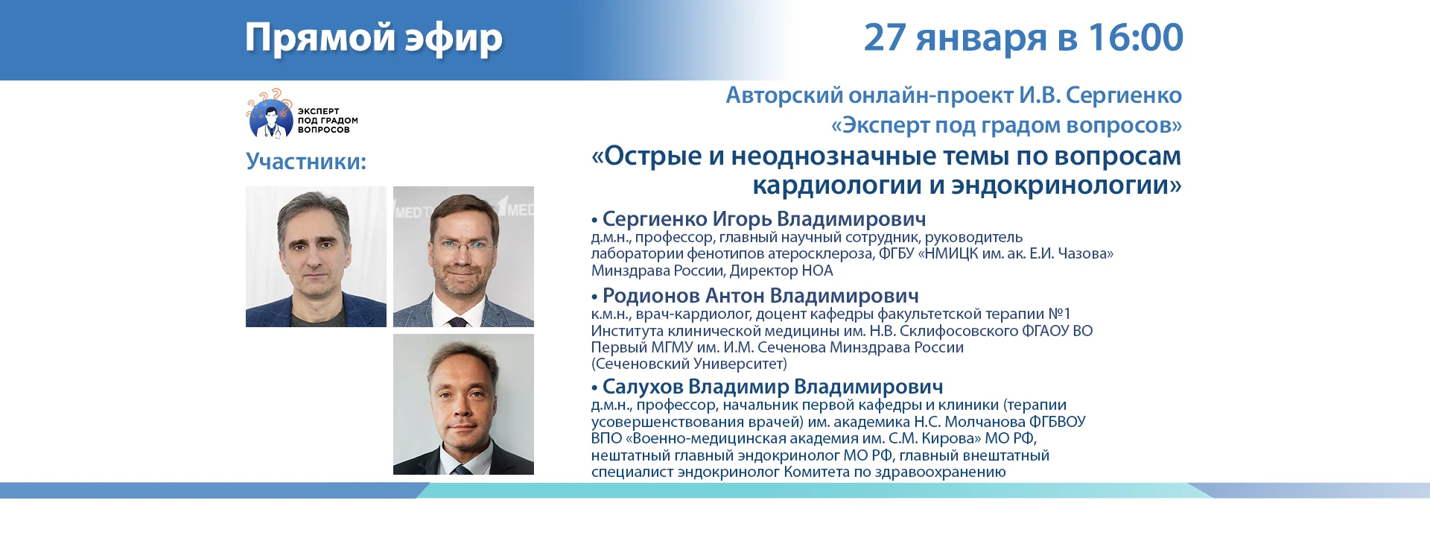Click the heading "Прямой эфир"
click(x=374, y=38)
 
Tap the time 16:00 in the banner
click(x=1135, y=37)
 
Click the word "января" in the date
click(x=980, y=39)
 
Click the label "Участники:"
click(x=306, y=161)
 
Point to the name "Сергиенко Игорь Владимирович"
click(x=764, y=219)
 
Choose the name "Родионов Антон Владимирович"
click(x=760, y=296)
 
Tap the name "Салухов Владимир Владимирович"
click(x=772, y=387)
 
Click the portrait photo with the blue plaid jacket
click(x=316, y=256)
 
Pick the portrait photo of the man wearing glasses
click(x=463, y=256)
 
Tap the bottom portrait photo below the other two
click(x=463, y=404)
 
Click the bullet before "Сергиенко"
click(x=594, y=221)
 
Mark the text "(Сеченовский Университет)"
click(x=689, y=364)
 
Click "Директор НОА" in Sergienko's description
click(x=781, y=271)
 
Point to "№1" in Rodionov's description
click(x=1059, y=314)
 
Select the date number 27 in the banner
click(x=885, y=37)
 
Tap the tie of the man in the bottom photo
click(x=461, y=470)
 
